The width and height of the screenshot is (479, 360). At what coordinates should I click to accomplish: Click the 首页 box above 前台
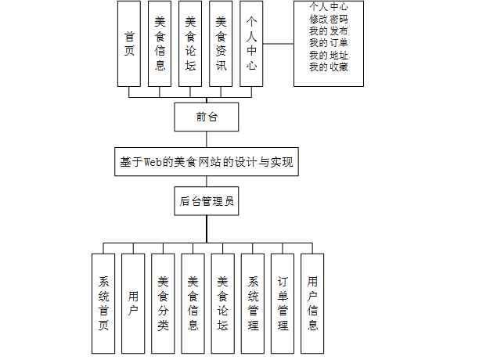(129, 43)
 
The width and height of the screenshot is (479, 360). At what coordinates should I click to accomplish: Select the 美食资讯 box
(221, 43)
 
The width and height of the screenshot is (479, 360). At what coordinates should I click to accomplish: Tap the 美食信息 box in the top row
(160, 43)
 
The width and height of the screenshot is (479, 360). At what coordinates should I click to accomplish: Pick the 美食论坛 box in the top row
(190, 43)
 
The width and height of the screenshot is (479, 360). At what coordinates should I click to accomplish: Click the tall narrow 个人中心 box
(250, 43)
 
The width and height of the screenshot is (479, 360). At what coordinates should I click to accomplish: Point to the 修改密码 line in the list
(329, 17)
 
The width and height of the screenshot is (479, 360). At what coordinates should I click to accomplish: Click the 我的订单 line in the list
(329, 42)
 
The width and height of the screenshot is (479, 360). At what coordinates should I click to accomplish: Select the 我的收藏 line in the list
(329, 67)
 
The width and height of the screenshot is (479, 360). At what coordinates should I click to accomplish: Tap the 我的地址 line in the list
(329, 55)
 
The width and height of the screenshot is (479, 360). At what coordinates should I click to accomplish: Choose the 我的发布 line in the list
(329, 30)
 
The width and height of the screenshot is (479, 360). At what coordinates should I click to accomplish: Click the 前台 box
(207, 117)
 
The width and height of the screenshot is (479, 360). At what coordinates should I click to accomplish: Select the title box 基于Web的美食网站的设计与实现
(207, 162)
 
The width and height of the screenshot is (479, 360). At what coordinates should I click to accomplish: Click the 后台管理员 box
(207, 201)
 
